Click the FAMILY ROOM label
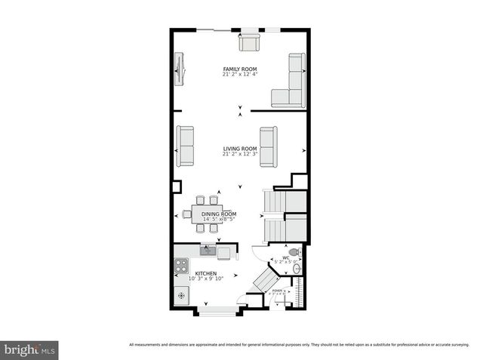[240, 69]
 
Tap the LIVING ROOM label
[240, 149]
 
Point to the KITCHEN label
[206, 273]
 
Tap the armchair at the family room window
[249, 42]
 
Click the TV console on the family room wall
[180, 69]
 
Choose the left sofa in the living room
[185, 146]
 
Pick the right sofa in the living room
[269, 146]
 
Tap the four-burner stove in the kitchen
[181, 265]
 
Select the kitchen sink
[207, 250]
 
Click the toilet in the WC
[294, 252]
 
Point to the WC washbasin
[297, 267]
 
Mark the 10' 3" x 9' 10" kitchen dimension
[206, 279]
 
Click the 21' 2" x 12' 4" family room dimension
[240, 75]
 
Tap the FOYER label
[278, 291]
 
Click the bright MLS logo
[29, 350]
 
